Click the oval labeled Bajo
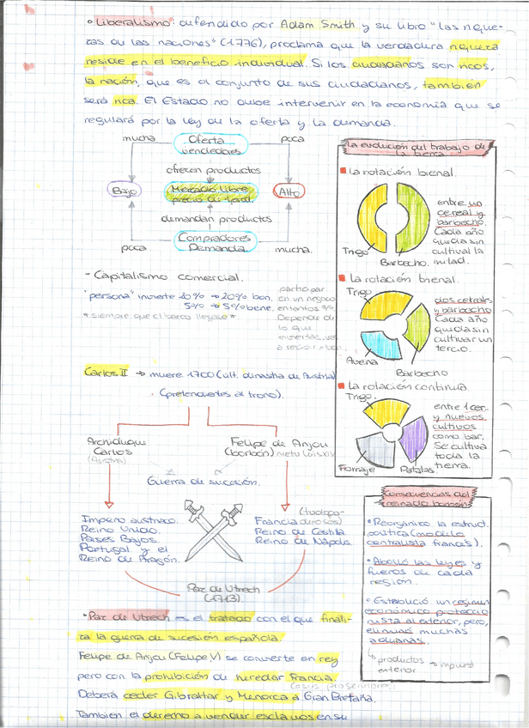click(x=125, y=190)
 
